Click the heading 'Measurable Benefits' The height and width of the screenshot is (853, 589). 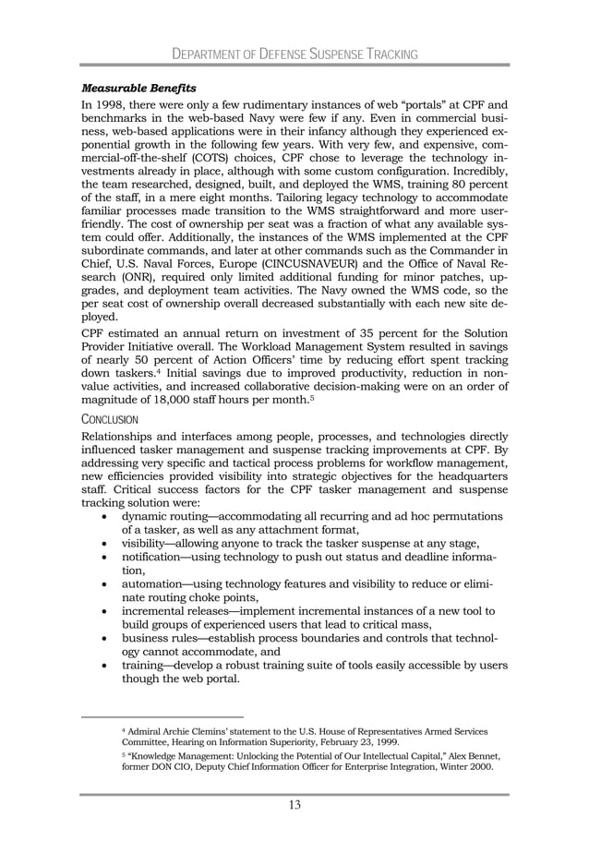pyautogui.click(x=138, y=89)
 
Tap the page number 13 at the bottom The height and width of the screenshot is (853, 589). pyautogui.click(x=294, y=805)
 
